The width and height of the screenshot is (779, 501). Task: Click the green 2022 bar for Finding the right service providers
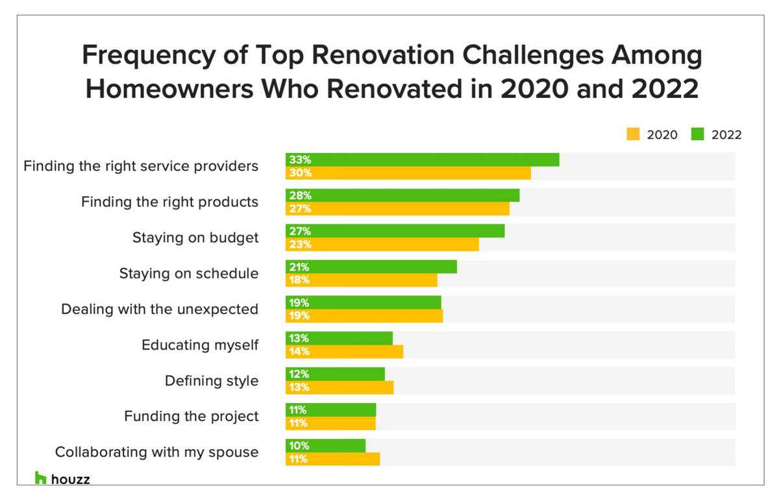(x=422, y=160)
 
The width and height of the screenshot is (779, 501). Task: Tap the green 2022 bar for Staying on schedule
(x=371, y=267)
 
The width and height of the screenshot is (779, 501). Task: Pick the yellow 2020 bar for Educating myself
(x=344, y=352)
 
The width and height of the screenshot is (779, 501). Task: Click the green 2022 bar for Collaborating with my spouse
(x=325, y=446)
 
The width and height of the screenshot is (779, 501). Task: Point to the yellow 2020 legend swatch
(x=632, y=134)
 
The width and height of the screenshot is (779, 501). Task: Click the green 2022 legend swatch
(x=697, y=134)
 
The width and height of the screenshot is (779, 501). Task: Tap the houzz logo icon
(x=40, y=478)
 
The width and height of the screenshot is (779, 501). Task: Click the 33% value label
(x=301, y=160)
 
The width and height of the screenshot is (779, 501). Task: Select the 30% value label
(x=301, y=173)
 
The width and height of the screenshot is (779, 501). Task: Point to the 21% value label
(x=300, y=267)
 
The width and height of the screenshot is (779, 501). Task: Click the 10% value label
(x=300, y=446)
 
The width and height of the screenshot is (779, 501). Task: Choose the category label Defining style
(x=211, y=381)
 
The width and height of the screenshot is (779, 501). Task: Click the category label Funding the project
(x=191, y=416)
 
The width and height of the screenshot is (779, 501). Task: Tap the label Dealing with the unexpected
(x=160, y=309)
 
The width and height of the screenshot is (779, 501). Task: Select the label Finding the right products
(x=169, y=202)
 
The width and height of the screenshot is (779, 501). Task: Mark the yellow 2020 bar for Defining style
(x=340, y=387)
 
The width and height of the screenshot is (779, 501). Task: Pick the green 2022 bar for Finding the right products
(x=402, y=195)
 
